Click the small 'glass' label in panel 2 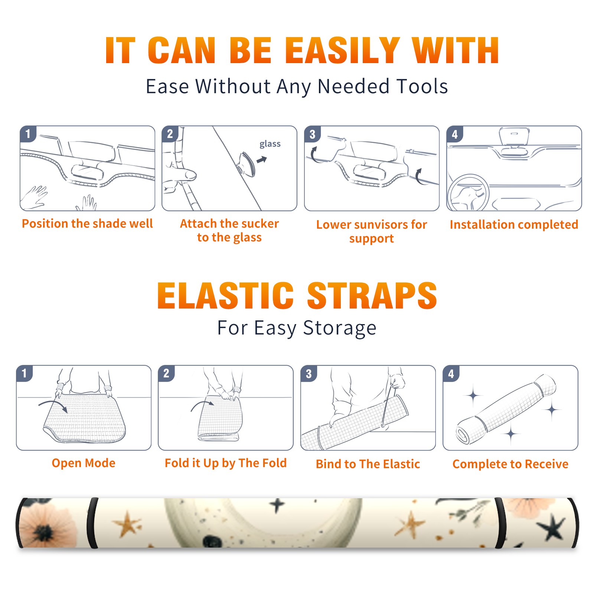click(x=270, y=144)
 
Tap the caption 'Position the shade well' click(x=87, y=223)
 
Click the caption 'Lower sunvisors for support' click(x=372, y=231)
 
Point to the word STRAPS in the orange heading click(x=372, y=296)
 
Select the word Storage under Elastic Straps click(x=340, y=328)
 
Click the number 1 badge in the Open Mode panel click(x=25, y=373)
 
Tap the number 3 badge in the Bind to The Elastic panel click(x=309, y=373)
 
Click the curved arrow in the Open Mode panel click(x=53, y=405)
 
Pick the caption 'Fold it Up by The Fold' click(x=226, y=463)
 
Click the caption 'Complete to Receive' click(x=510, y=464)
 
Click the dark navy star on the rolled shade click(x=552, y=526)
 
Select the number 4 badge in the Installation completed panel click(x=455, y=134)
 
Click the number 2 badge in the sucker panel click(x=170, y=134)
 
